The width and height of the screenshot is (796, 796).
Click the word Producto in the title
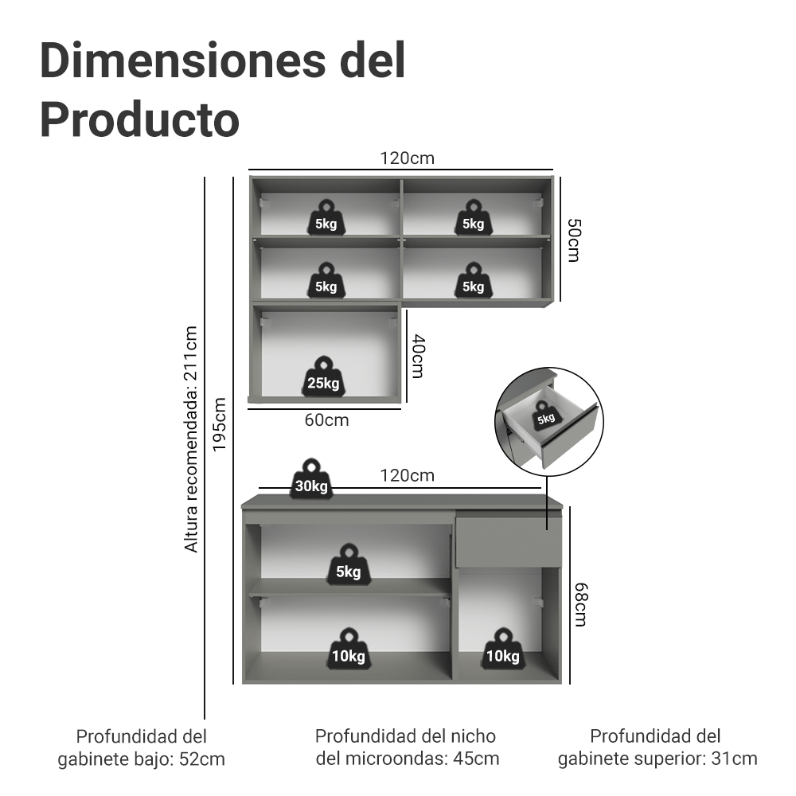point(139,119)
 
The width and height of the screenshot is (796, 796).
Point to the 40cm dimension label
point(419,357)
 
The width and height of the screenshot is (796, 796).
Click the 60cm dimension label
point(326,419)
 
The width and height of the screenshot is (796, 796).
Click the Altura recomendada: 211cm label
point(190,439)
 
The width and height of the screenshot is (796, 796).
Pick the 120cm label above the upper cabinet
point(407,158)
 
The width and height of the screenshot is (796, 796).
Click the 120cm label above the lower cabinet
point(407,475)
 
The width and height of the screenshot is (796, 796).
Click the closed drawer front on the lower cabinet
point(509,541)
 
